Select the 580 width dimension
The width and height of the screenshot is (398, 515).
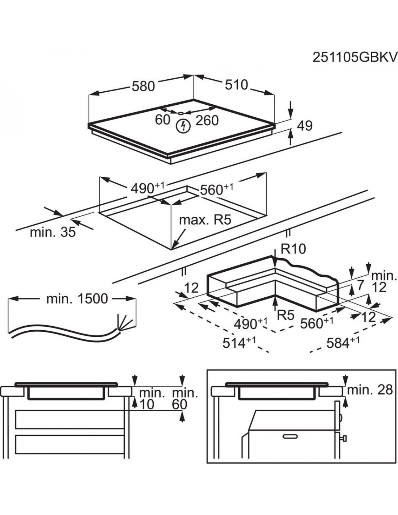tap(143, 86)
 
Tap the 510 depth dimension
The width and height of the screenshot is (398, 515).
tap(236, 85)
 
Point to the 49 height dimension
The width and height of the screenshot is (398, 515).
tap(304, 126)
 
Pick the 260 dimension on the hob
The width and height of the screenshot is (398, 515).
tap(207, 120)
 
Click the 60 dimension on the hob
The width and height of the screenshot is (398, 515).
tap(162, 120)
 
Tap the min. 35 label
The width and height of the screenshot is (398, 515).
tap(52, 232)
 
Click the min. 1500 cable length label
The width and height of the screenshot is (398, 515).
tap(77, 299)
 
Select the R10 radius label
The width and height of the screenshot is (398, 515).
tap(293, 249)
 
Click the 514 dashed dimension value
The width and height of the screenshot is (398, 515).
tap(235, 343)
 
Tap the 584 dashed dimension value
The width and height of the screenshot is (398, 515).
tap(339, 343)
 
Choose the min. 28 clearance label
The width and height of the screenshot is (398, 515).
tap(369, 390)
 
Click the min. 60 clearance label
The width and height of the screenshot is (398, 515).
tap(185, 398)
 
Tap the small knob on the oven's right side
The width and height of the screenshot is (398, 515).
tap(344, 439)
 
